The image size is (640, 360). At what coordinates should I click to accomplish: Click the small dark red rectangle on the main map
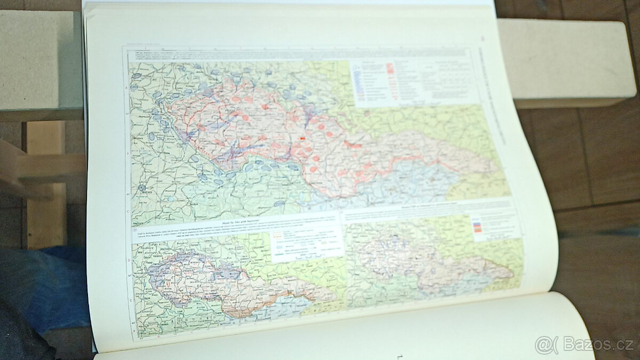tap(303, 138)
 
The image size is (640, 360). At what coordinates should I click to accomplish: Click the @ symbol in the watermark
tap(543, 345)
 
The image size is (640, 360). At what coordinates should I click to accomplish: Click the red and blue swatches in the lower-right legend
tap(477, 226)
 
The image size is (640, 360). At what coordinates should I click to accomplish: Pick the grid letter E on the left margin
tap(130, 301)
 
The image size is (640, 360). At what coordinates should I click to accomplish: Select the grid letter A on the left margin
tap(126, 88)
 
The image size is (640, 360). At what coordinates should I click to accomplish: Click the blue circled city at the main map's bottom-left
tap(141, 188)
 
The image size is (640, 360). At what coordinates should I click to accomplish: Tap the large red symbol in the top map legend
tap(391, 68)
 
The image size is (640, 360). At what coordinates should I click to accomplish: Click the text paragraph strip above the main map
tap(240, 55)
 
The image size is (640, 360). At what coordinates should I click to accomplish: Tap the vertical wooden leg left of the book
tap(45, 187)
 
